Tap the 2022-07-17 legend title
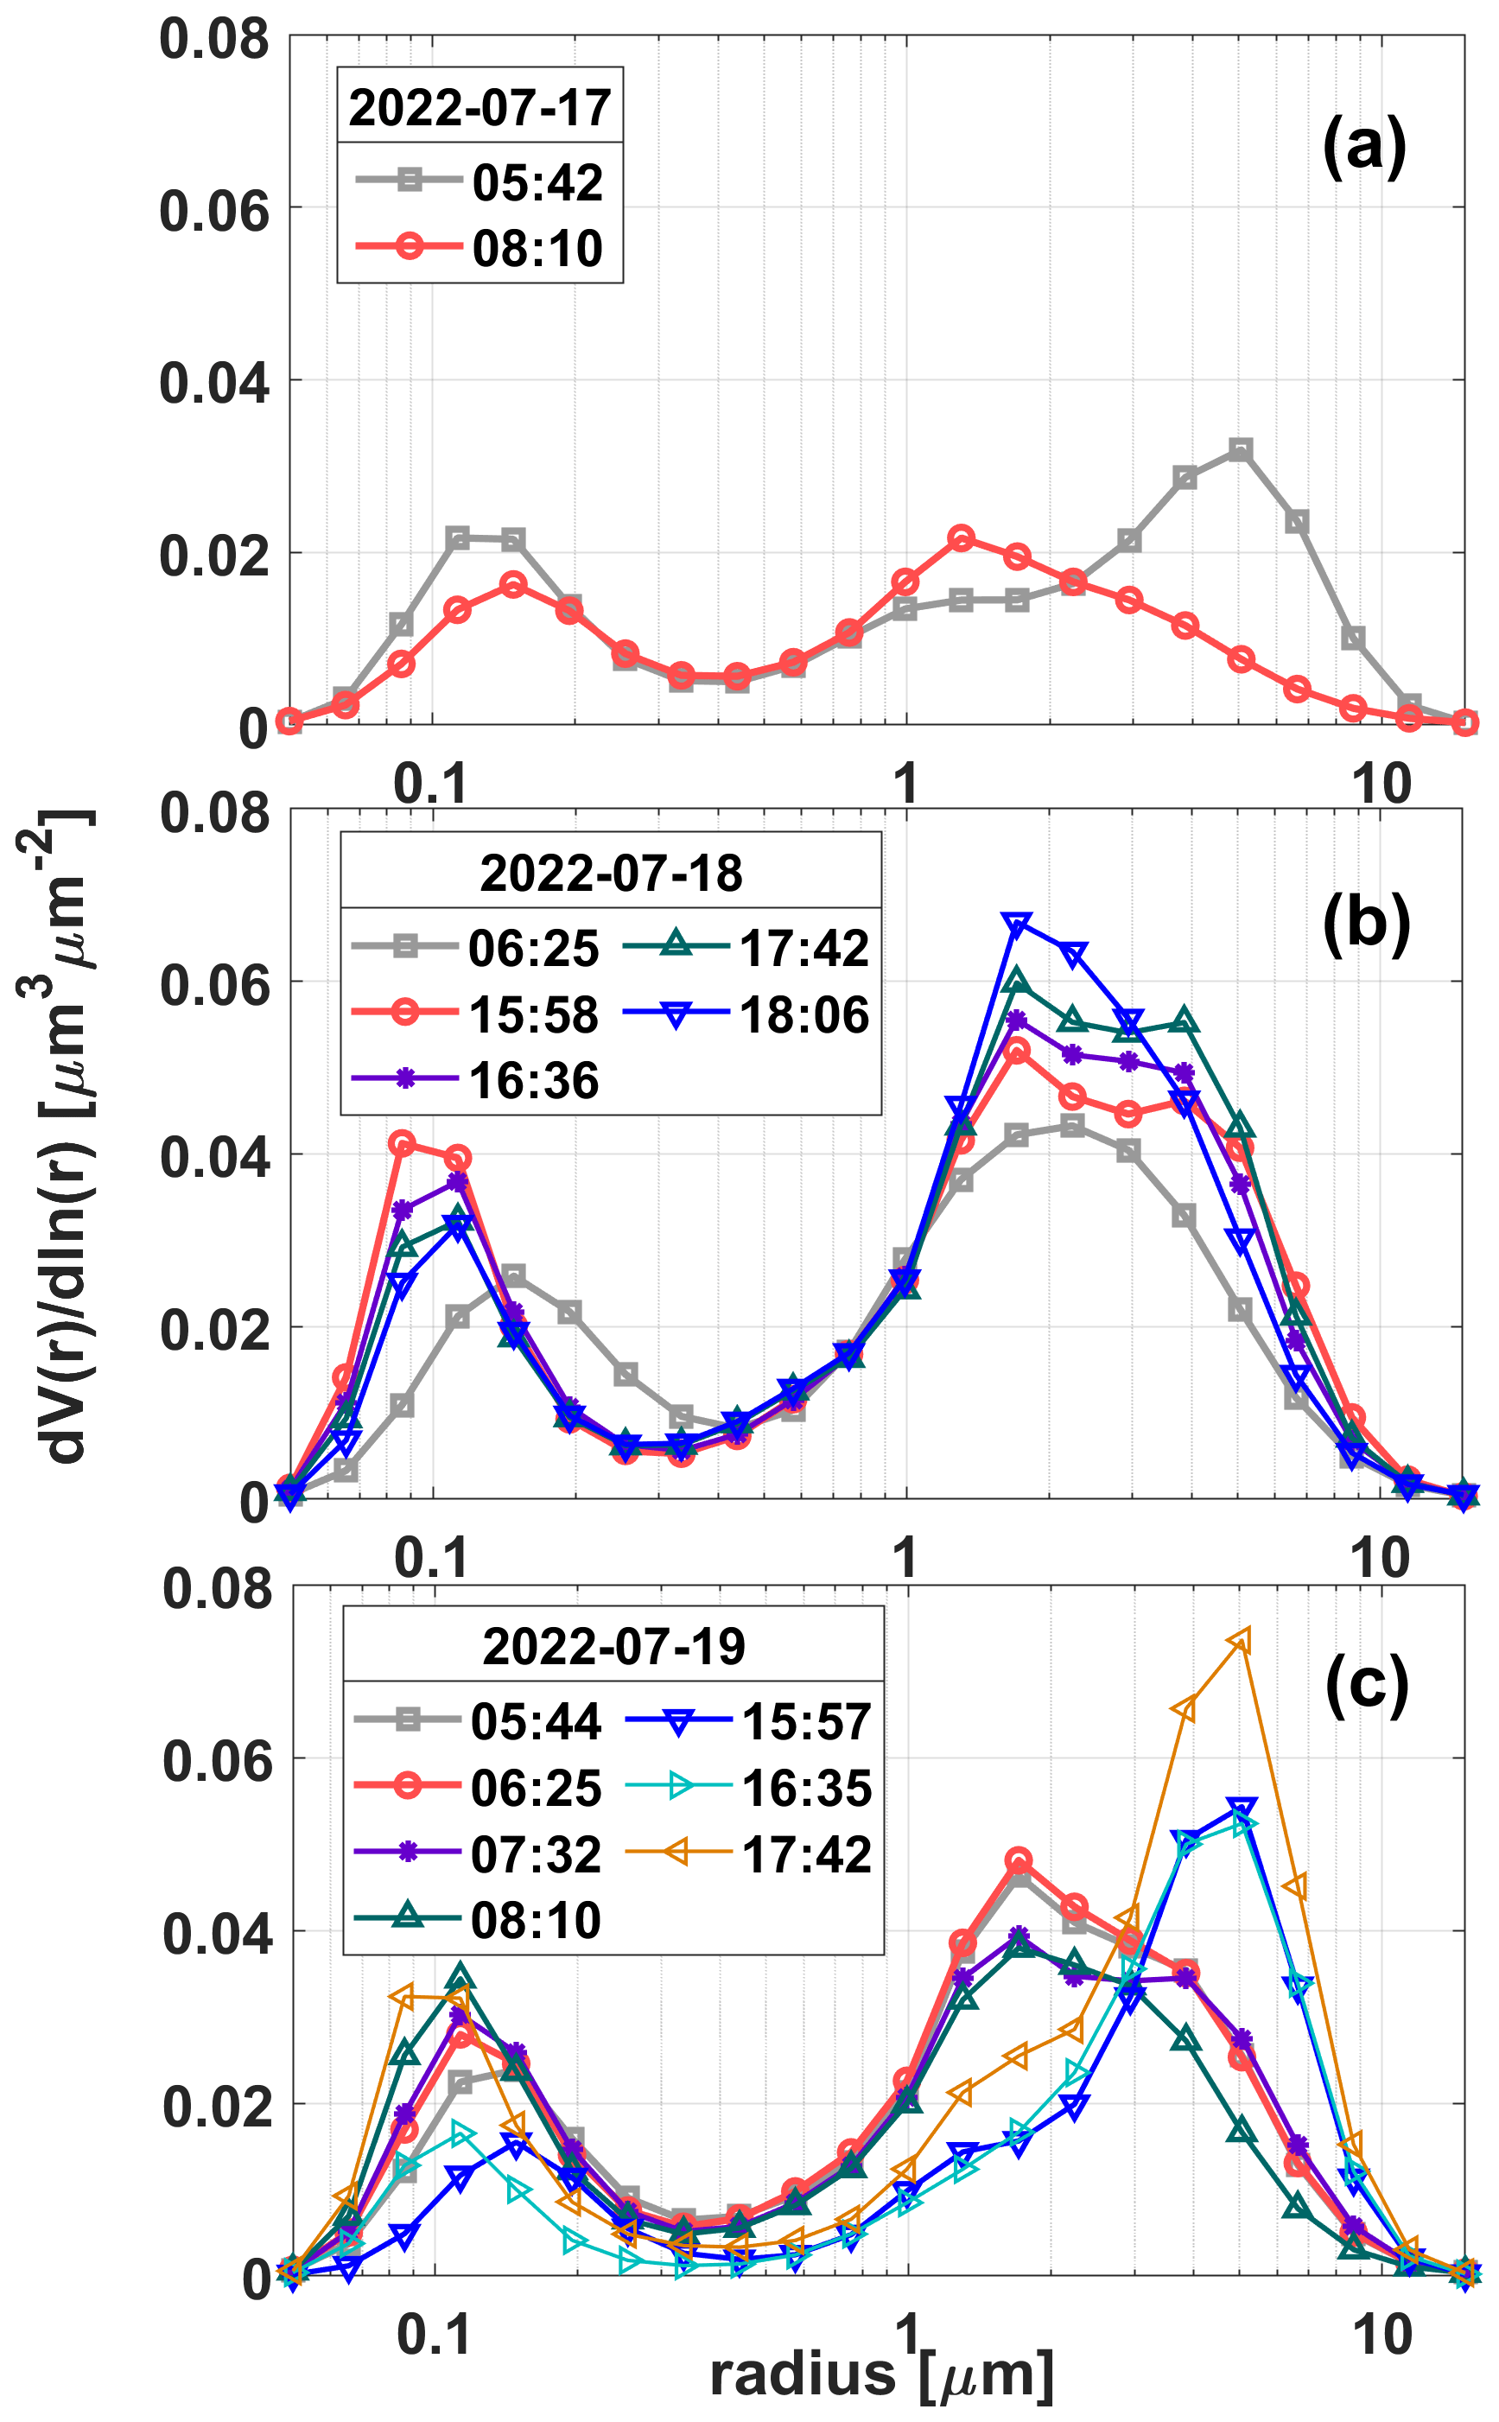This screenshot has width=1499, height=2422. [480, 107]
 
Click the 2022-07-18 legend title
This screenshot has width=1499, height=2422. [611, 874]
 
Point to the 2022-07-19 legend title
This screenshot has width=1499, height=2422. [613, 1647]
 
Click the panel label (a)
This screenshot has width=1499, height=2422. [1364, 147]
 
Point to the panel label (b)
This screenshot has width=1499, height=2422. [1366, 924]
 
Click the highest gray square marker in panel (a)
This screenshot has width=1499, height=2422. [1241, 450]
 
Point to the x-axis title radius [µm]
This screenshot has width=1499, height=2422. [880, 2375]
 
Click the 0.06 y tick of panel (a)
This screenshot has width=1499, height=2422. [214, 211]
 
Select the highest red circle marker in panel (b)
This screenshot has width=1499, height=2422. [402, 1143]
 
